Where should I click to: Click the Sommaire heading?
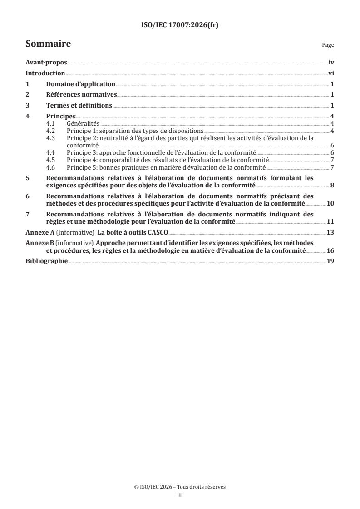[48, 44]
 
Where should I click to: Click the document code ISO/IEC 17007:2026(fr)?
[180, 26]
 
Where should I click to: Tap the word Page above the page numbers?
[328, 45]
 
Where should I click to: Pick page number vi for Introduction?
[331, 73]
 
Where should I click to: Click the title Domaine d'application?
[80, 84]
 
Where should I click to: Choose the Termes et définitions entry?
[79, 106]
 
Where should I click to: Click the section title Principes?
[61, 116]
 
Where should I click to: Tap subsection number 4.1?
[52, 123]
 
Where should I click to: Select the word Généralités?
[83, 123]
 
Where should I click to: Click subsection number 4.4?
[52, 152]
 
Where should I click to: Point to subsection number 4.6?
[52, 167]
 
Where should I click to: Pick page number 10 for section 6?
[330, 203]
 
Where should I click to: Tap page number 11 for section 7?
[330, 221]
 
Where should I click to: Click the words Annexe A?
[37, 233]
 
